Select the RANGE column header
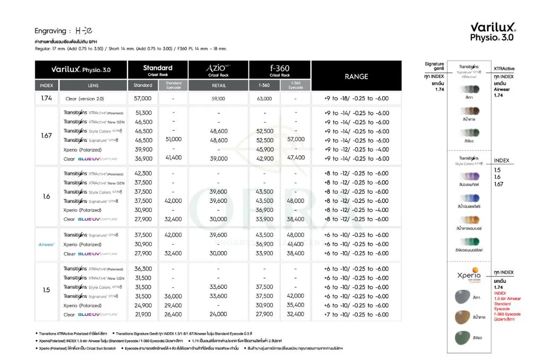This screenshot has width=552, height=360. (356, 76)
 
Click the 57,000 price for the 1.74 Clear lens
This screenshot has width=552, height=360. (143, 99)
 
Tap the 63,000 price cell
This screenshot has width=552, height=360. (264, 99)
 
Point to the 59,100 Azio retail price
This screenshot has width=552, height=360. (218, 99)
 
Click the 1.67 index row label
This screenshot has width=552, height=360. (46, 135)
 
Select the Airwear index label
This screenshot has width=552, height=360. (47, 244)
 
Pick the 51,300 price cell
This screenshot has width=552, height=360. (143, 113)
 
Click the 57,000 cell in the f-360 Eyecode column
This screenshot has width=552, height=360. (296, 139)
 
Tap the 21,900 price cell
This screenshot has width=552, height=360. (143, 314)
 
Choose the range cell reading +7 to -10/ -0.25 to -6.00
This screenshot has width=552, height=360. (356, 314)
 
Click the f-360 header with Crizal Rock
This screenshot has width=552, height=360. (280, 70)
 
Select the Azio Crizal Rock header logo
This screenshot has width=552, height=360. (218, 70)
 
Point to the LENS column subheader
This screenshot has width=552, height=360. (93, 85)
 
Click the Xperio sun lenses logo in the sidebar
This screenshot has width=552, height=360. (469, 278)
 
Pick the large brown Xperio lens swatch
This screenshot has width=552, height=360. (460, 318)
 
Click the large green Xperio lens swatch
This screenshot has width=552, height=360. (460, 338)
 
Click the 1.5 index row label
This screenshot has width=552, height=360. (46, 290)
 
